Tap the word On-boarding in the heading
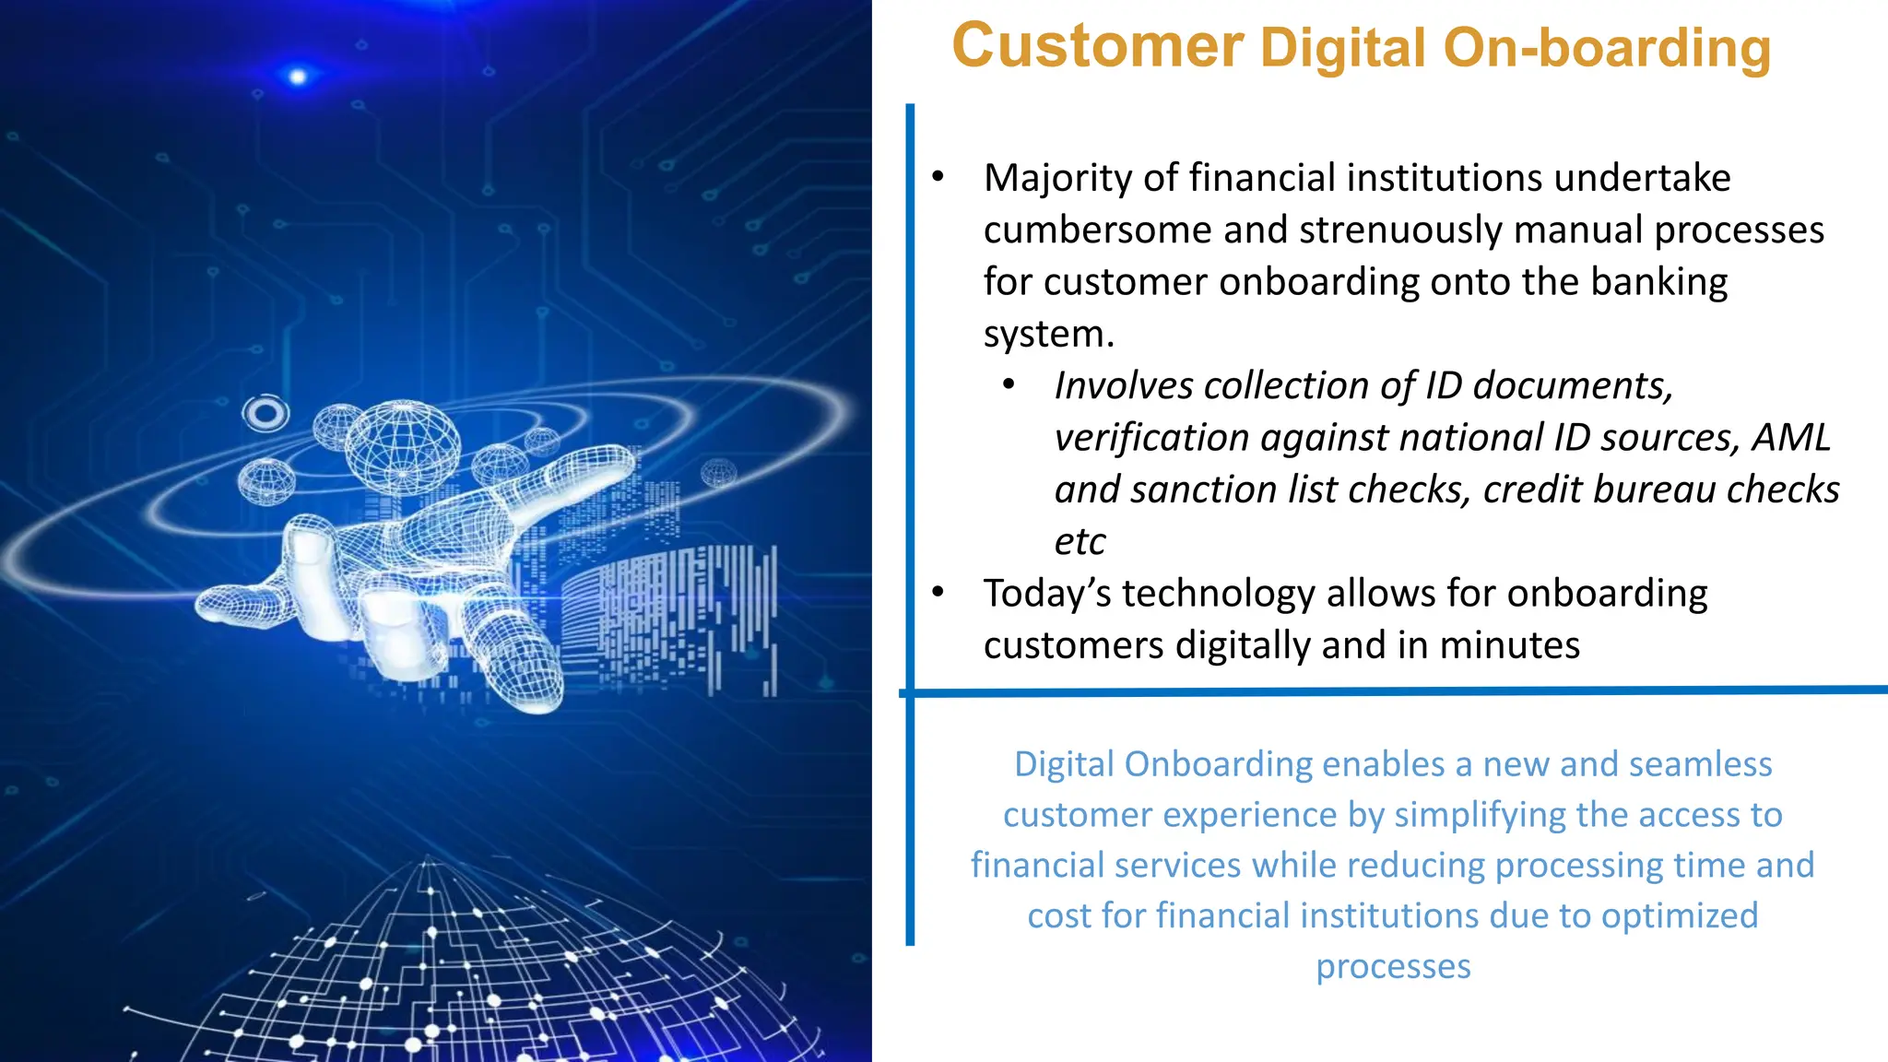[x=1607, y=48]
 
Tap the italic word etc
[x=1080, y=541]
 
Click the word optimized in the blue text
[x=1680, y=915]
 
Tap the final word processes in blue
[x=1392, y=966]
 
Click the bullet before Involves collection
[x=1009, y=384]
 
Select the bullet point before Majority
[x=938, y=176]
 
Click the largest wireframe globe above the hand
[x=403, y=447]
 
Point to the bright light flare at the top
[x=298, y=76]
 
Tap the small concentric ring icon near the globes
[x=265, y=413]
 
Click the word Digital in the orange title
[x=1343, y=48]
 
